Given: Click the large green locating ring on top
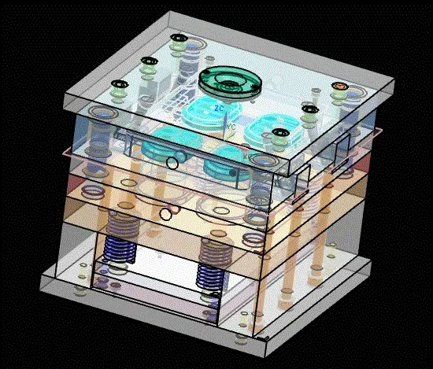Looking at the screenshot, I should (228, 80).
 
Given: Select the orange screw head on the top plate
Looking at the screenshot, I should (339, 85).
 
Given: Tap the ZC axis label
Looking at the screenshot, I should (220, 108).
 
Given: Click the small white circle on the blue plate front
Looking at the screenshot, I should (172, 163).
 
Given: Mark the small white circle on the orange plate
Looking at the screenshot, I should (165, 213).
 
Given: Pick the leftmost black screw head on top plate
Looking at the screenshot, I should (120, 84).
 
